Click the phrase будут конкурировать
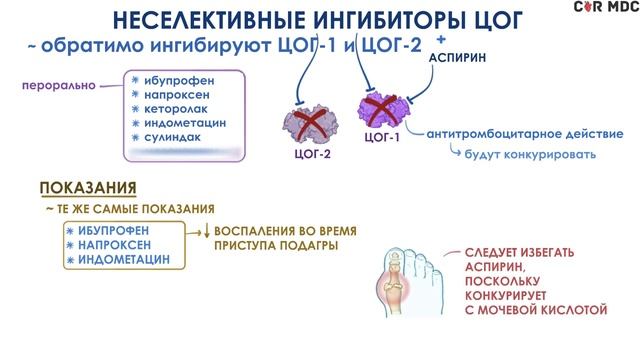(531, 154)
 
